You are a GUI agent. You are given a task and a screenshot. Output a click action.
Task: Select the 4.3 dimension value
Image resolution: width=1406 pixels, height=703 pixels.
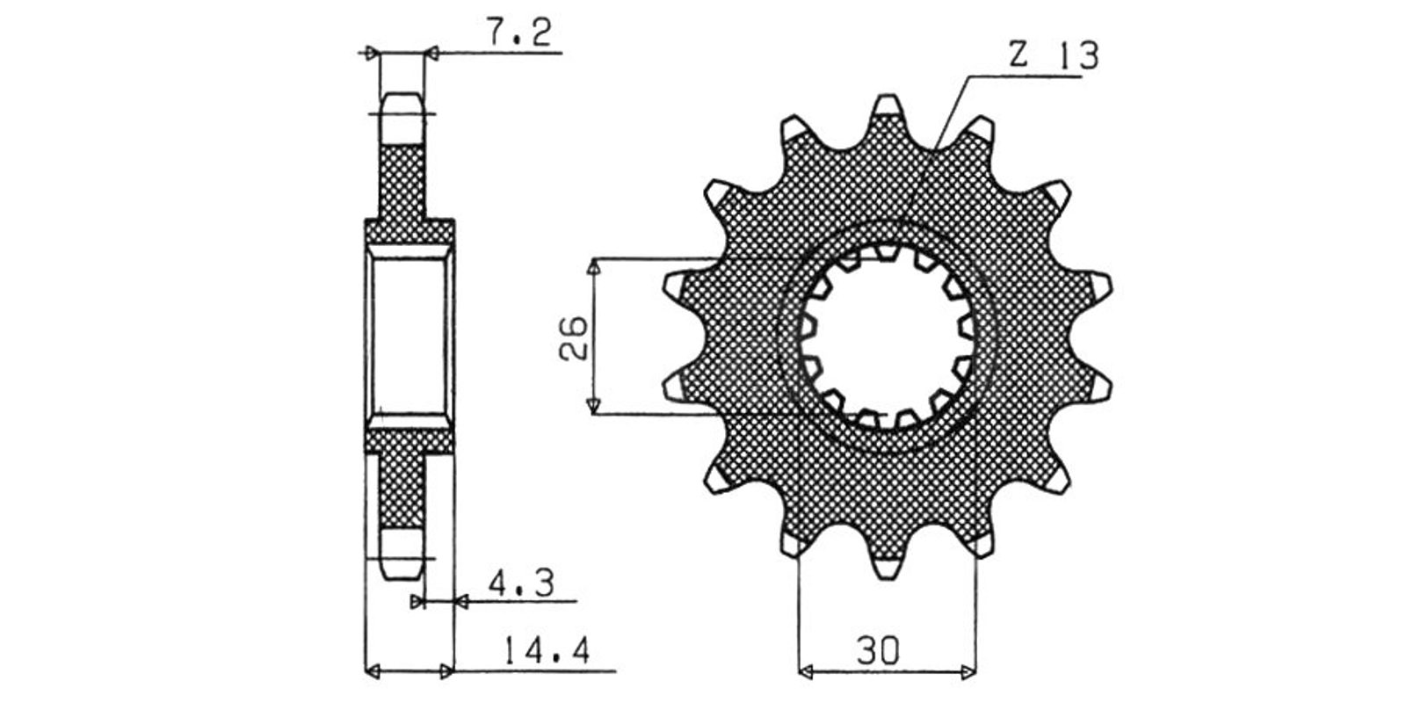[522, 583]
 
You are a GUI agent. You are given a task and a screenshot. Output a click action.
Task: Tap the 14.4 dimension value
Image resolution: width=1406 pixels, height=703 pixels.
[546, 651]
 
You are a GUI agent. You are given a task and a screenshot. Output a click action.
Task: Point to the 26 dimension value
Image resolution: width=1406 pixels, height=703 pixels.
[573, 337]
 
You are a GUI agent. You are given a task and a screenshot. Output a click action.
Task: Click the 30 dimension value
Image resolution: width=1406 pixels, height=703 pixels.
[878, 651]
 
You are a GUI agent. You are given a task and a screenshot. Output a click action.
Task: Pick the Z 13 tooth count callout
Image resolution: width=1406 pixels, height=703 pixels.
[1054, 55]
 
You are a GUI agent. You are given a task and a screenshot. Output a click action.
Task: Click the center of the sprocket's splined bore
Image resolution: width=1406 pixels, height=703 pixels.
[888, 337]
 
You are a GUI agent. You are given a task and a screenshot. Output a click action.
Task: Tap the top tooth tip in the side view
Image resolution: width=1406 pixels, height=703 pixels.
[402, 94]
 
